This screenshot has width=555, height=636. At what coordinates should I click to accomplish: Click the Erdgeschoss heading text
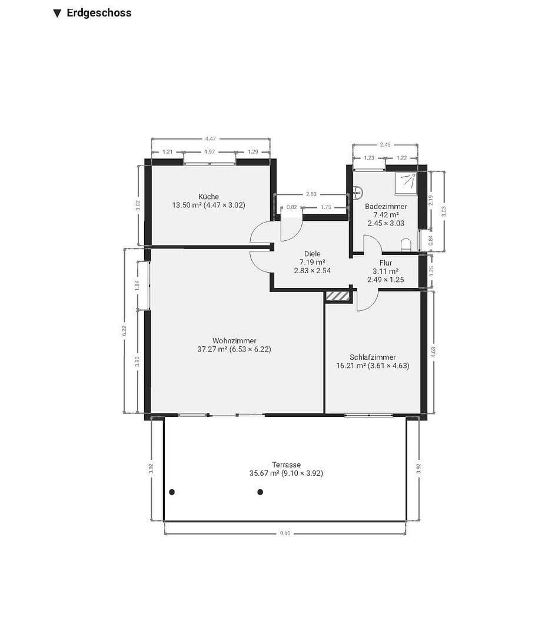pyautogui.click(x=99, y=13)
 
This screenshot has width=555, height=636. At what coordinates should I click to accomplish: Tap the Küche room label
pyautogui.click(x=208, y=197)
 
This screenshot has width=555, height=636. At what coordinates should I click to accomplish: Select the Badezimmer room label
pyautogui.click(x=385, y=206)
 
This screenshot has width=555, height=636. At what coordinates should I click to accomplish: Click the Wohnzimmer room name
pyautogui.click(x=234, y=340)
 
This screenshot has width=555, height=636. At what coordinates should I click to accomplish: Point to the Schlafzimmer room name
pyautogui.click(x=373, y=357)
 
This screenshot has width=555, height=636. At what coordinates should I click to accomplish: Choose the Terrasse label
pyautogui.click(x=286, y=465)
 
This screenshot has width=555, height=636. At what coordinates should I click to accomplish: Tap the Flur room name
pyautogui.click(x=385, y=263)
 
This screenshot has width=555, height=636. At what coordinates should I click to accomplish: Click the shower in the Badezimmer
pyautogui.click(x=407, y=182)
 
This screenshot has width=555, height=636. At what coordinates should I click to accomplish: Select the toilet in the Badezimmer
pyautogui.click(x=406, y=244)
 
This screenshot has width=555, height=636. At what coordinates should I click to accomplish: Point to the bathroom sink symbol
pyautogui.click(x=358, y=191)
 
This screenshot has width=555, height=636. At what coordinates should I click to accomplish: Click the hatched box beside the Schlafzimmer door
pyautogui.click(x=338, y=297)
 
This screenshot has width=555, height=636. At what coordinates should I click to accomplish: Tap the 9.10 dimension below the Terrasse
pyautogui.click(x=285, y=534)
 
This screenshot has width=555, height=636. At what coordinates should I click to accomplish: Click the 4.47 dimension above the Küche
pyautogui.click(x=210, y=139)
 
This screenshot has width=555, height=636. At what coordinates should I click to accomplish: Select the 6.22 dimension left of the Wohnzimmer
pyautogui.click(x=124, y=330)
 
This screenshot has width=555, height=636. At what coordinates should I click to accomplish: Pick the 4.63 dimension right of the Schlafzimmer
pyautogui.click(x=433, y=352)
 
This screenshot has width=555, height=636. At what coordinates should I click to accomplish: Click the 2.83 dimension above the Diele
pyautogui.click(x=311, y=194)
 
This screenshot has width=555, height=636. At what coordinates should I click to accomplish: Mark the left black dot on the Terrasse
pyautogui.click(x=172, y=492)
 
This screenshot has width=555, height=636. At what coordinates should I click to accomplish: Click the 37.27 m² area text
pyautogui.click(x=213, y=349)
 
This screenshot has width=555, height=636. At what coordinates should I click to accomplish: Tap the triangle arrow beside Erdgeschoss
pyautogui.click(x=57, y=14)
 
